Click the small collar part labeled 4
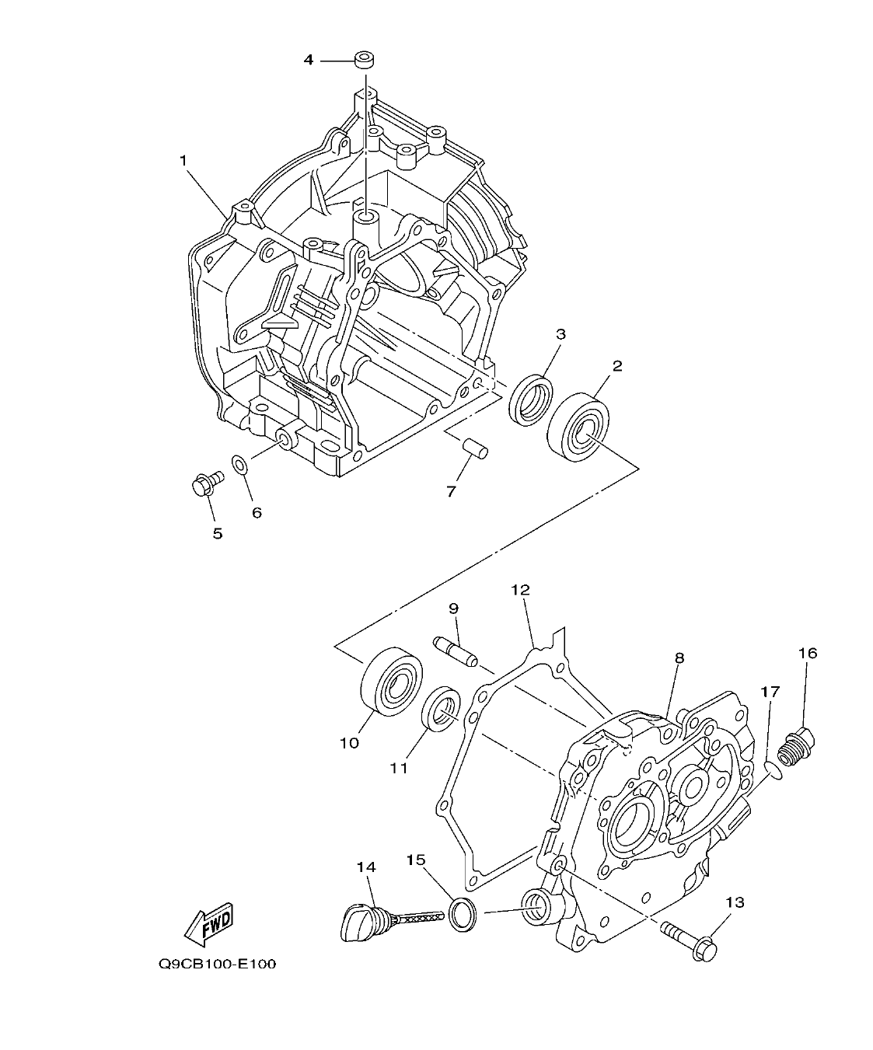point(363,59)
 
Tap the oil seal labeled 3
point(532,399)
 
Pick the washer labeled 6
point(240,466)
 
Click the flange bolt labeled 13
point(690,939)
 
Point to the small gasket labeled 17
point(770,768)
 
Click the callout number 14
point(365,866)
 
